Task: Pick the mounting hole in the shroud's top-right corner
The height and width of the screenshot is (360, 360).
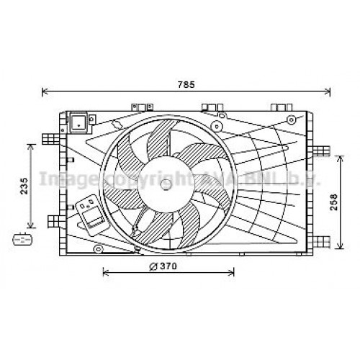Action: point(290,119)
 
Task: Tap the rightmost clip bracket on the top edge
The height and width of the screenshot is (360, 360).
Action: point(277,107)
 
